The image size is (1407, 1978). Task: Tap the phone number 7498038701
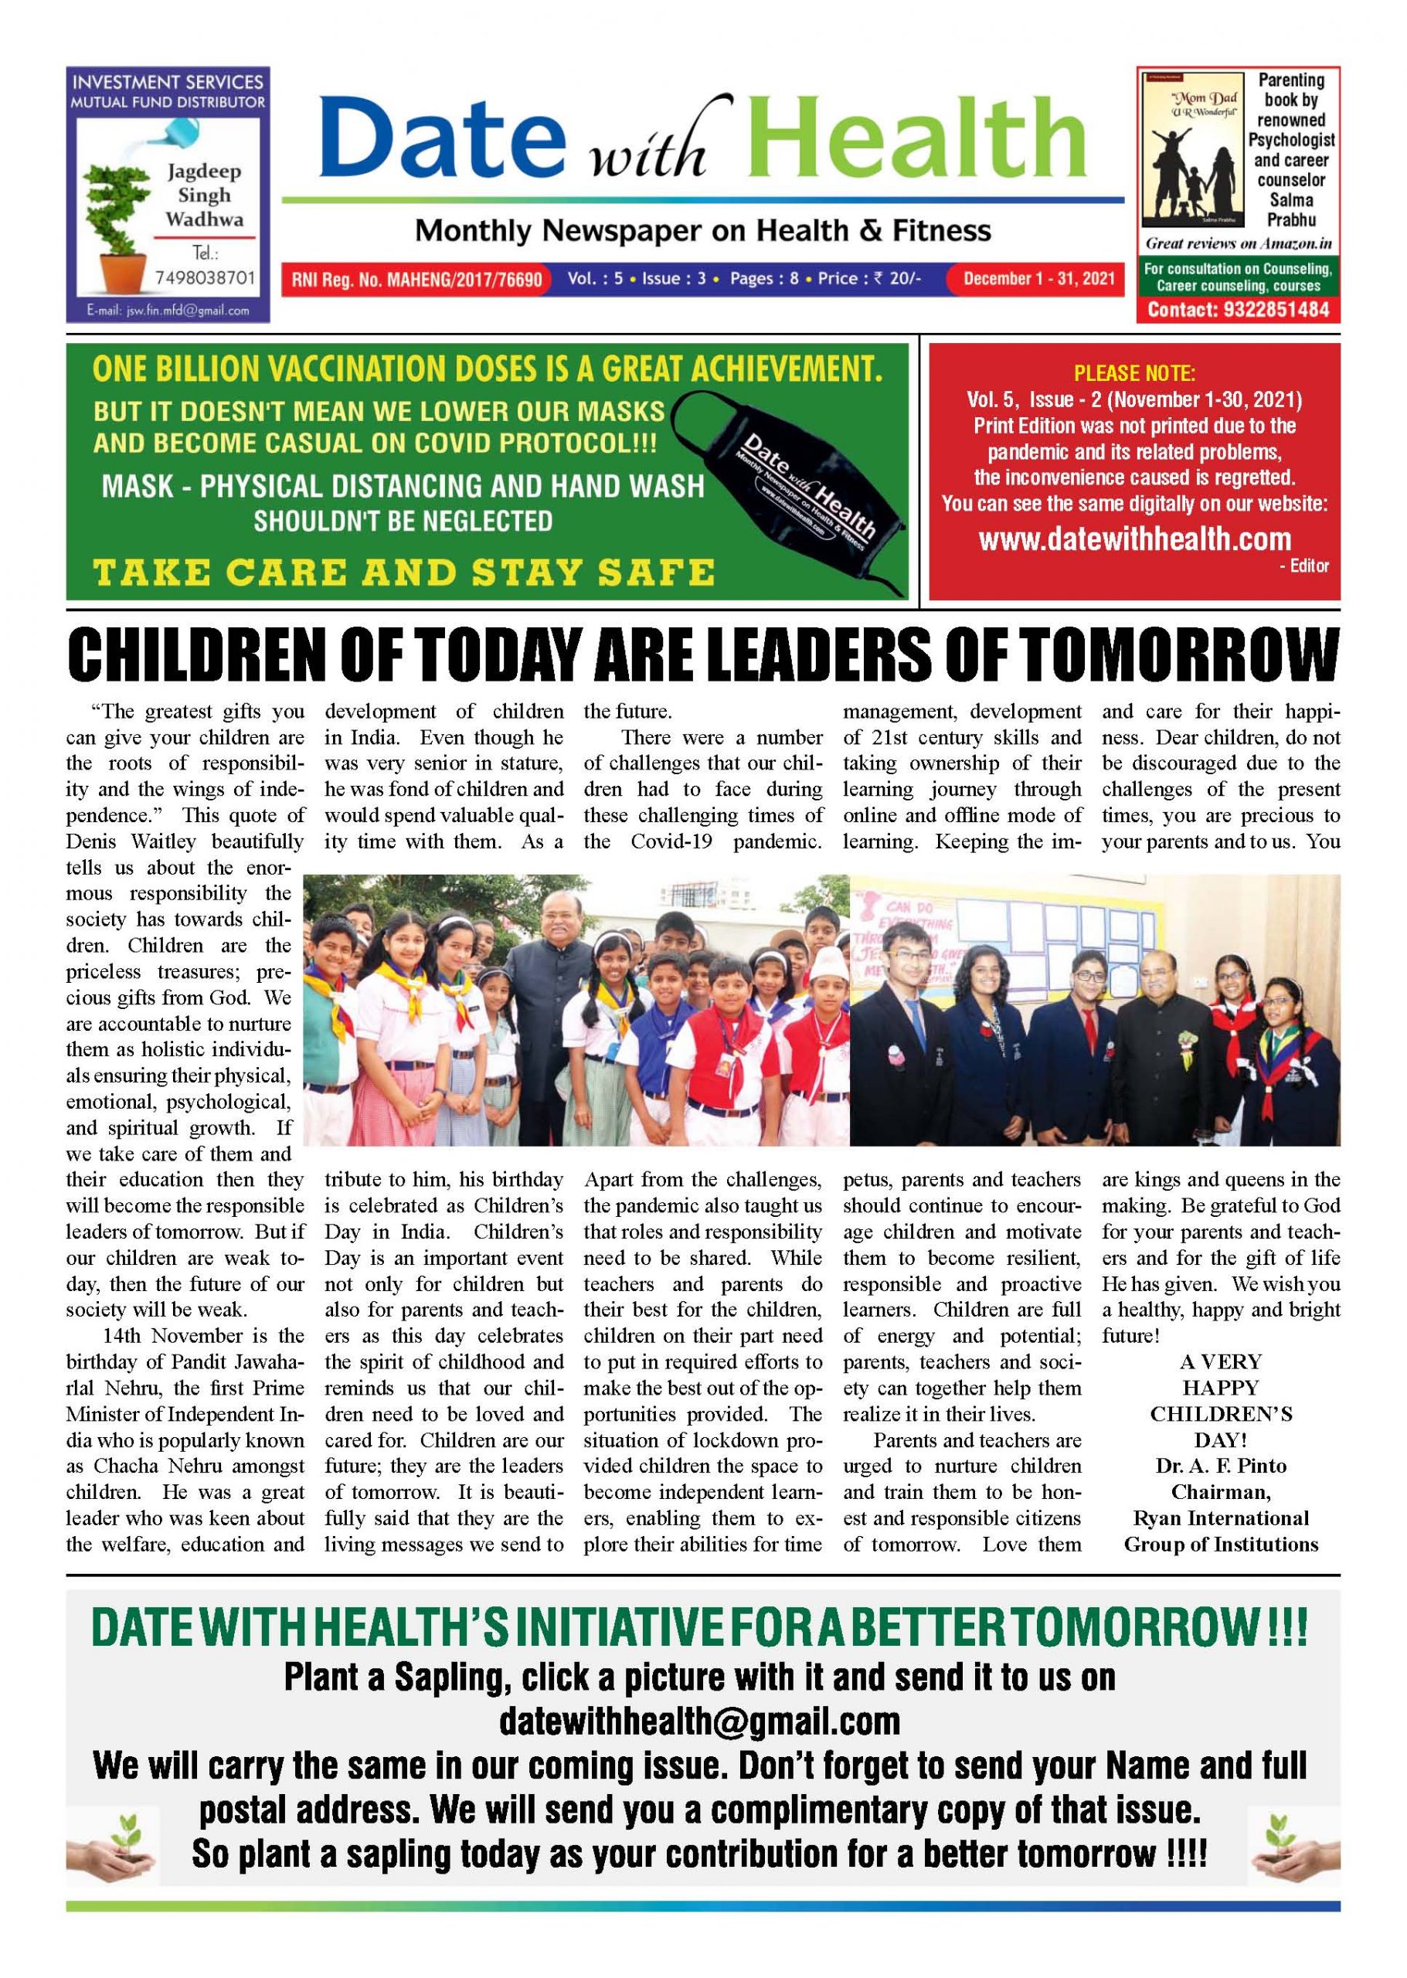coord(206,277)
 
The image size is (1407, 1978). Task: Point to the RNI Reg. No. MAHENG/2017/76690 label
coord(416,280)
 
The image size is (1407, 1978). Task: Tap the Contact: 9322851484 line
coord(1238,309)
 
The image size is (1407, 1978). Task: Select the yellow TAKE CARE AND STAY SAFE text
coord(404,573)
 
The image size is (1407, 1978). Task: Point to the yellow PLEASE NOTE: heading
coord(1134,373)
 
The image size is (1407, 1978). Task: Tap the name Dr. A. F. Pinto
coord(1220,1466)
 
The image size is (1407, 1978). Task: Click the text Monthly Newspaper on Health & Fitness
coord(702,230)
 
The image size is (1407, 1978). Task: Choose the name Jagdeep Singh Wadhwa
coord(205,195)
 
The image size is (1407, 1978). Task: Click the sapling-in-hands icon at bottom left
coord(112,1849)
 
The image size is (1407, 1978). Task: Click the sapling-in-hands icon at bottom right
coord(1294,1849)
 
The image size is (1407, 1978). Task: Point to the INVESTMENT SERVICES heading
coord(167,83)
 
